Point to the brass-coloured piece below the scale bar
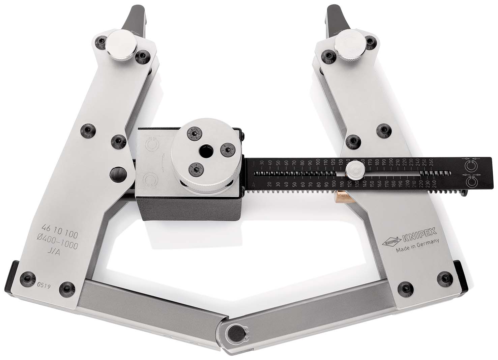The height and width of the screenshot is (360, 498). tap(345, 197)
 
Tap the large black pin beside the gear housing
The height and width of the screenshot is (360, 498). tap(118, 174)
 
